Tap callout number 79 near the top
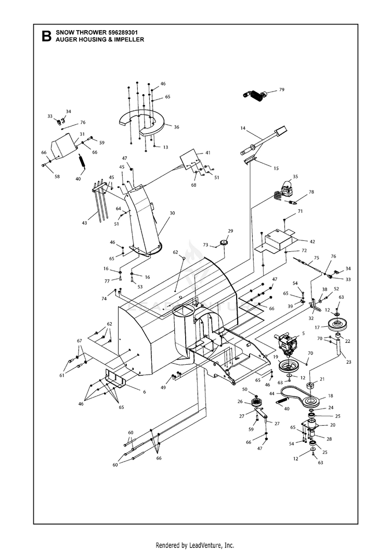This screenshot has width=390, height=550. [x=281, y=89]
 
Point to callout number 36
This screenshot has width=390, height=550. [x=176, y=127]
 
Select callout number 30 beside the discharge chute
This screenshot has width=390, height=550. [x=172, y=213]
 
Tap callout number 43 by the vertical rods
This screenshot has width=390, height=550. [x=85, y=223]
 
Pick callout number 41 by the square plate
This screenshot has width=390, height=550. [x=207, y=152]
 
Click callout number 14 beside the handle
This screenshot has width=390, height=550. [x=242, y=127]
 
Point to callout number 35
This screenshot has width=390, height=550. [x=295, y=176]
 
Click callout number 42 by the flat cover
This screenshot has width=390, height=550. [x=312, y=241]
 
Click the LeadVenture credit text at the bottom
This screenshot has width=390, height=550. [x=195, y=545]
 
